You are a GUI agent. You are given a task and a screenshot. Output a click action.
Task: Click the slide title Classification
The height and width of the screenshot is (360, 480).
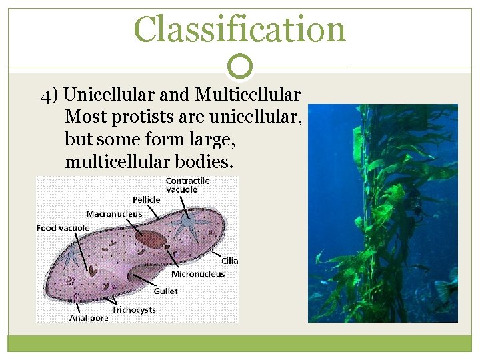coord(240,29)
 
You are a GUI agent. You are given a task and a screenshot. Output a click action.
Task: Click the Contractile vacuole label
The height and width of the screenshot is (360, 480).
coord(187,185)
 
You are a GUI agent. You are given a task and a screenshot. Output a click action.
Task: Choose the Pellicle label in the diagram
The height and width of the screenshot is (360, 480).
coord(146,199)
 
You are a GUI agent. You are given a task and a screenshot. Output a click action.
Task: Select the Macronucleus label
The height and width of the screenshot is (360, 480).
coord(114,214)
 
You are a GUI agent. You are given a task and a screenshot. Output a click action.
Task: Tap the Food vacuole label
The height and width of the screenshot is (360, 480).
coord(63,228)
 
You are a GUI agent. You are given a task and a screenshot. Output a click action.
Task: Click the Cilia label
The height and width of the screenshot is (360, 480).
coord(230,261)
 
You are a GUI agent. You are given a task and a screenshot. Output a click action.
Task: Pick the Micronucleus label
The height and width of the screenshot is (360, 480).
coord(198,274)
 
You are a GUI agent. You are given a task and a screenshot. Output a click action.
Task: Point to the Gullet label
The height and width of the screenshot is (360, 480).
coord(165,291)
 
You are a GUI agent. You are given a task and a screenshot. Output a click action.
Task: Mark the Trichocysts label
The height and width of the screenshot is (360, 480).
coord(134,310)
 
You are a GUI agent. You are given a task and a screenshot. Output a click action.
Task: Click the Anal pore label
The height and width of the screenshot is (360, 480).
coord(89,318)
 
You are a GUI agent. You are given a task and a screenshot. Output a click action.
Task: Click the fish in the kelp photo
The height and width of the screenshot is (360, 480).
coord(445,288)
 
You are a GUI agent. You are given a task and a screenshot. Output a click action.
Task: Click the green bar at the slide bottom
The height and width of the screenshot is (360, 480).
coord(240,343)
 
